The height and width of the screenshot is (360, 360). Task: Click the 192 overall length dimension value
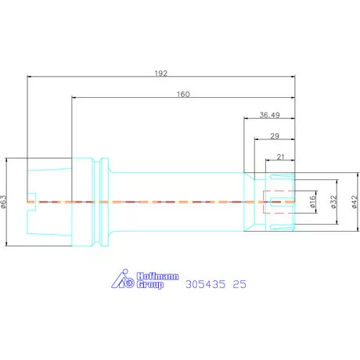(161, 74)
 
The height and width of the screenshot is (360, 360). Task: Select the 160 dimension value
(183, 94)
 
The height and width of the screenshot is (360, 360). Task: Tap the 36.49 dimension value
(269, 115)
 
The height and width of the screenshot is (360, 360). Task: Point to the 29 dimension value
(275, 136)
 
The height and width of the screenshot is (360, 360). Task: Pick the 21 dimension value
(280, 157)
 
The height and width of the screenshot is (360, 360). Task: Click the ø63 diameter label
(4, 202)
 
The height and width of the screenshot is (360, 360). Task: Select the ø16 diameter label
(313, 201)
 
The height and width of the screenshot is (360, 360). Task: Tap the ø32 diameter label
(333, 202)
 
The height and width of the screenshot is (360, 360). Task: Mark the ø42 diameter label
(355, 202)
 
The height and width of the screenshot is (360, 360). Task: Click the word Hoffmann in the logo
(157, 276)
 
